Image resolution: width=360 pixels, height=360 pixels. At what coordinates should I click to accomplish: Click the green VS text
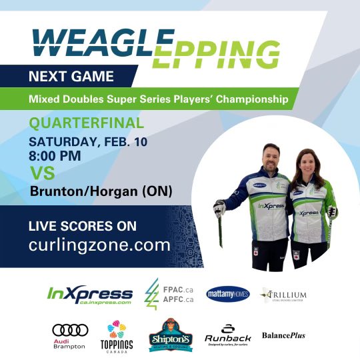point(42,174)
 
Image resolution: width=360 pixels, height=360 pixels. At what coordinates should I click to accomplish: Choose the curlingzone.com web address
point(99,245)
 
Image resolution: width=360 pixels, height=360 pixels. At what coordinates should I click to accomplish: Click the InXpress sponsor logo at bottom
point(90,294)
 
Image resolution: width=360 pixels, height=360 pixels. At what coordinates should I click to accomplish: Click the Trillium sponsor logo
point(284,295)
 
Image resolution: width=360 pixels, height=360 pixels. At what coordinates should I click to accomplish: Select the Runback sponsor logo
point(227,335)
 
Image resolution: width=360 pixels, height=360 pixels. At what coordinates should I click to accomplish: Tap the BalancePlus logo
point(283,335)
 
